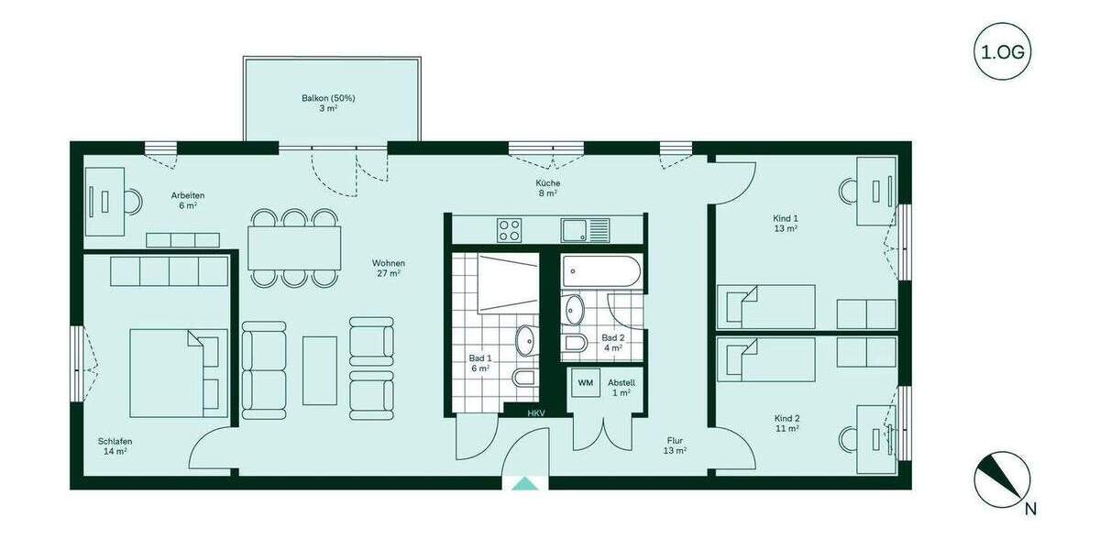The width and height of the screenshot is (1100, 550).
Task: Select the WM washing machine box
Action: pos(585,381)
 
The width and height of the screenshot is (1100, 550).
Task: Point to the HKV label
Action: pos(535,413)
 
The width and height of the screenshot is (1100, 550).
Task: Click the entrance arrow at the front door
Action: pos(524,484)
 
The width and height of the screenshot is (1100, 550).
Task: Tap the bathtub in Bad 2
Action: pos(599,269)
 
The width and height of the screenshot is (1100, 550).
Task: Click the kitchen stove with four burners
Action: pos(510,229)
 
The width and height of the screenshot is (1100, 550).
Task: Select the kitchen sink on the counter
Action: pos(583,229)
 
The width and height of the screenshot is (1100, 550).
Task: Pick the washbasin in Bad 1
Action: pos(527,340)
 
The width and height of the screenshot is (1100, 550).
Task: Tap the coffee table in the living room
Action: pos(320,370)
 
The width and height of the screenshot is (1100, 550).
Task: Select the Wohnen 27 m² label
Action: pos(390,268)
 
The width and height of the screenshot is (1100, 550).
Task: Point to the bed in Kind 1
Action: pos(766,305)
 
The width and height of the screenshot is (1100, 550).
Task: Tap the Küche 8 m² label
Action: pos(548,188)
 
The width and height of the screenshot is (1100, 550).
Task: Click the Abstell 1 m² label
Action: pos(621,387)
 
